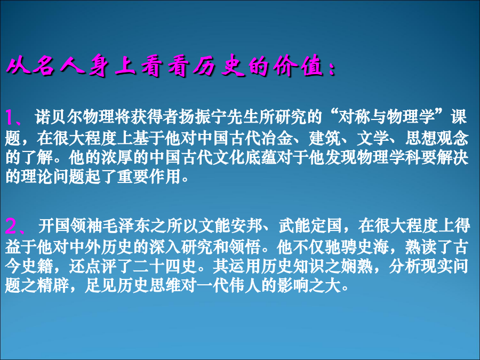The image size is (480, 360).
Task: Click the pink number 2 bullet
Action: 12,227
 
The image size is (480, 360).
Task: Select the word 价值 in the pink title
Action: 299,66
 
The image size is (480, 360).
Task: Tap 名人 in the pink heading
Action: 58,66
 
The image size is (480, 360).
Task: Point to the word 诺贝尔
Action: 58,117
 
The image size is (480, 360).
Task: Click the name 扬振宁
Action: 202,117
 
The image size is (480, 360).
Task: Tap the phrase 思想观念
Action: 437,138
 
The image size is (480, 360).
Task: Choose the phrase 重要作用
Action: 149,177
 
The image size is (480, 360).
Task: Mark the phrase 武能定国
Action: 310,227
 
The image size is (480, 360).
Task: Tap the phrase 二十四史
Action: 165,266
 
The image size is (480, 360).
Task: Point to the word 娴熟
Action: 357,266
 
